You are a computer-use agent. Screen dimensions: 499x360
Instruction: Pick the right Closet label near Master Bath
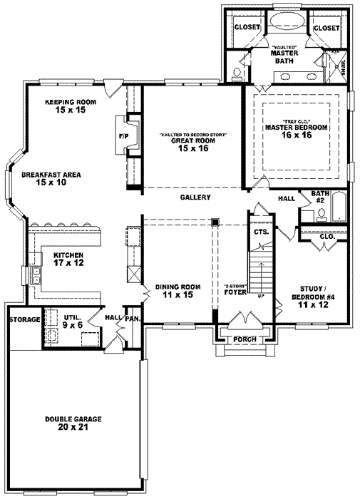326,27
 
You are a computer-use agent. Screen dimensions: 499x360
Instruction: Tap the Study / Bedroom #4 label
313,297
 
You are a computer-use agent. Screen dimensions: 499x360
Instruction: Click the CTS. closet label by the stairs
260,232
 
